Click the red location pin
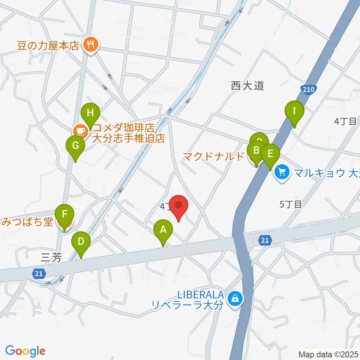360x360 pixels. tap(178, 206)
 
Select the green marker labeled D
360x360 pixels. tap(81, 241)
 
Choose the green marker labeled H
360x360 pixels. tap(90, 112)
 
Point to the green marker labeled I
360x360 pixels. tap(294, 111)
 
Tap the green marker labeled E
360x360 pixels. tap(270, 154)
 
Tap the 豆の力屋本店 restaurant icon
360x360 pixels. tap(90, 45)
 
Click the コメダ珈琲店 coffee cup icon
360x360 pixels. tap(80, 131)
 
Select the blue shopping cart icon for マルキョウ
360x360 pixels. tap(282, 172)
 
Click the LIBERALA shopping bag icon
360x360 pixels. tap(235, 298)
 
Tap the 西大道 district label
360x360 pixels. tap(247, 86)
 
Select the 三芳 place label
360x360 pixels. tap(49, 257)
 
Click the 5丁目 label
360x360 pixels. tap(291, 204)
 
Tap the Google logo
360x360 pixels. tap(25, 351)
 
